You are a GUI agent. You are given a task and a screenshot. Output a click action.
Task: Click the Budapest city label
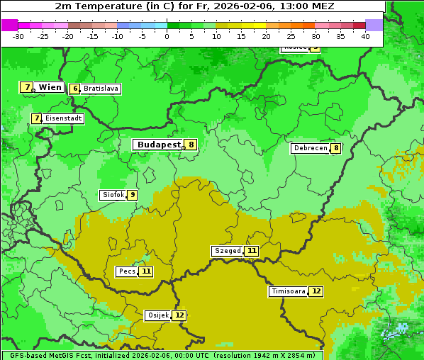[x=159, y=145]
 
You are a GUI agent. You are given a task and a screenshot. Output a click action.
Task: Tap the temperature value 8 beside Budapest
[x=191, y=145]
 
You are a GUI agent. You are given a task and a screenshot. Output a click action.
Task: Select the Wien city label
[x=50, y=87]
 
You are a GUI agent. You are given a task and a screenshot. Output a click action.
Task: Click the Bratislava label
[x=100, y=89]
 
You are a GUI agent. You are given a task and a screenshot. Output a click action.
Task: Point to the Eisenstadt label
[x=63, y=118]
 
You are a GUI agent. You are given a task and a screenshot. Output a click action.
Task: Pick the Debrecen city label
[x=310, y=148]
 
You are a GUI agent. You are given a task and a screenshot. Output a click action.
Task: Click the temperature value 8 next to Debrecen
[x=335, y=148]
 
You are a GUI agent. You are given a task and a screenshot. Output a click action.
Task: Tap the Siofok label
[x=113, y=195]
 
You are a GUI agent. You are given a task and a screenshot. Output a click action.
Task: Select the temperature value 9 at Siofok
[x=132, y=195]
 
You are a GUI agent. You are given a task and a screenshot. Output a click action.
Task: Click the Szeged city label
[x=228, y=251]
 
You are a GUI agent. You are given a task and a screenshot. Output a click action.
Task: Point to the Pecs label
[x=127, y=271]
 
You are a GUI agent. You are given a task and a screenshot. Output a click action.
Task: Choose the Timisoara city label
[x=289, y=291]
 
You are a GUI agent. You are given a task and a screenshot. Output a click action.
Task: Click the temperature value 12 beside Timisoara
[x=316, y=291]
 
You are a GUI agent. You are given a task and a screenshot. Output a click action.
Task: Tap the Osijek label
[x=157, y=315]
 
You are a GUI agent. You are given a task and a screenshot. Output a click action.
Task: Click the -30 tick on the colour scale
[x=18, y=35]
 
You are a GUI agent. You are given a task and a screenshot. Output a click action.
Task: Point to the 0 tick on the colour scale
[x=167, y=35]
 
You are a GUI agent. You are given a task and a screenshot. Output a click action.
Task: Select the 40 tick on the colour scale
[x=365, y=35]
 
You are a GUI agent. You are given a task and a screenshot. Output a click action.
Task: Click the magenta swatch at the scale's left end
[x=9, y=25]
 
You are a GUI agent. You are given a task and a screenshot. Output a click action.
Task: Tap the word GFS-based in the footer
[x=27, y=355]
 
